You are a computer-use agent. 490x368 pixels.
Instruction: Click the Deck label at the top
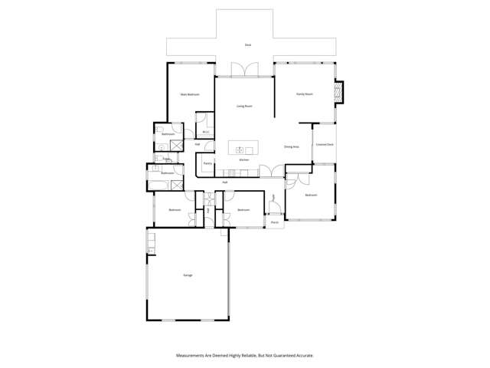coord(248,45)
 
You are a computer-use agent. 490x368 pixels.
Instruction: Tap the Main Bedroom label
coord(190,94)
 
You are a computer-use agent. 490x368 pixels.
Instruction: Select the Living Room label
coord(244,106)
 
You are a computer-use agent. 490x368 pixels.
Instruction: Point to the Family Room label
coord(305,94)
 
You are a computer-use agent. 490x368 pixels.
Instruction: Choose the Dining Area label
coord(291,146)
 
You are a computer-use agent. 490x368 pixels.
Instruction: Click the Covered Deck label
coord(324,143)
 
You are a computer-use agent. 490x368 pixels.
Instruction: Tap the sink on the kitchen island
coord(240,149)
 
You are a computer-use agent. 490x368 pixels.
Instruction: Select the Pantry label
coord(207,163)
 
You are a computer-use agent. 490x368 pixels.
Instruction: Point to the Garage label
coord(188,274)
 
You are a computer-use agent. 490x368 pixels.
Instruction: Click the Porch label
coord(273,222)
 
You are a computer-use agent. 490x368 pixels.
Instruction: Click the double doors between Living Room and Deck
coord(244,71)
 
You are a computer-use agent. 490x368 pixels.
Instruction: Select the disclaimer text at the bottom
coord(245,355)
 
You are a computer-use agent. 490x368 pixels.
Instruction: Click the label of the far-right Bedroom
coord(310,195)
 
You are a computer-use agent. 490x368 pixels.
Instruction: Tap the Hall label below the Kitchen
coord(225,182)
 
